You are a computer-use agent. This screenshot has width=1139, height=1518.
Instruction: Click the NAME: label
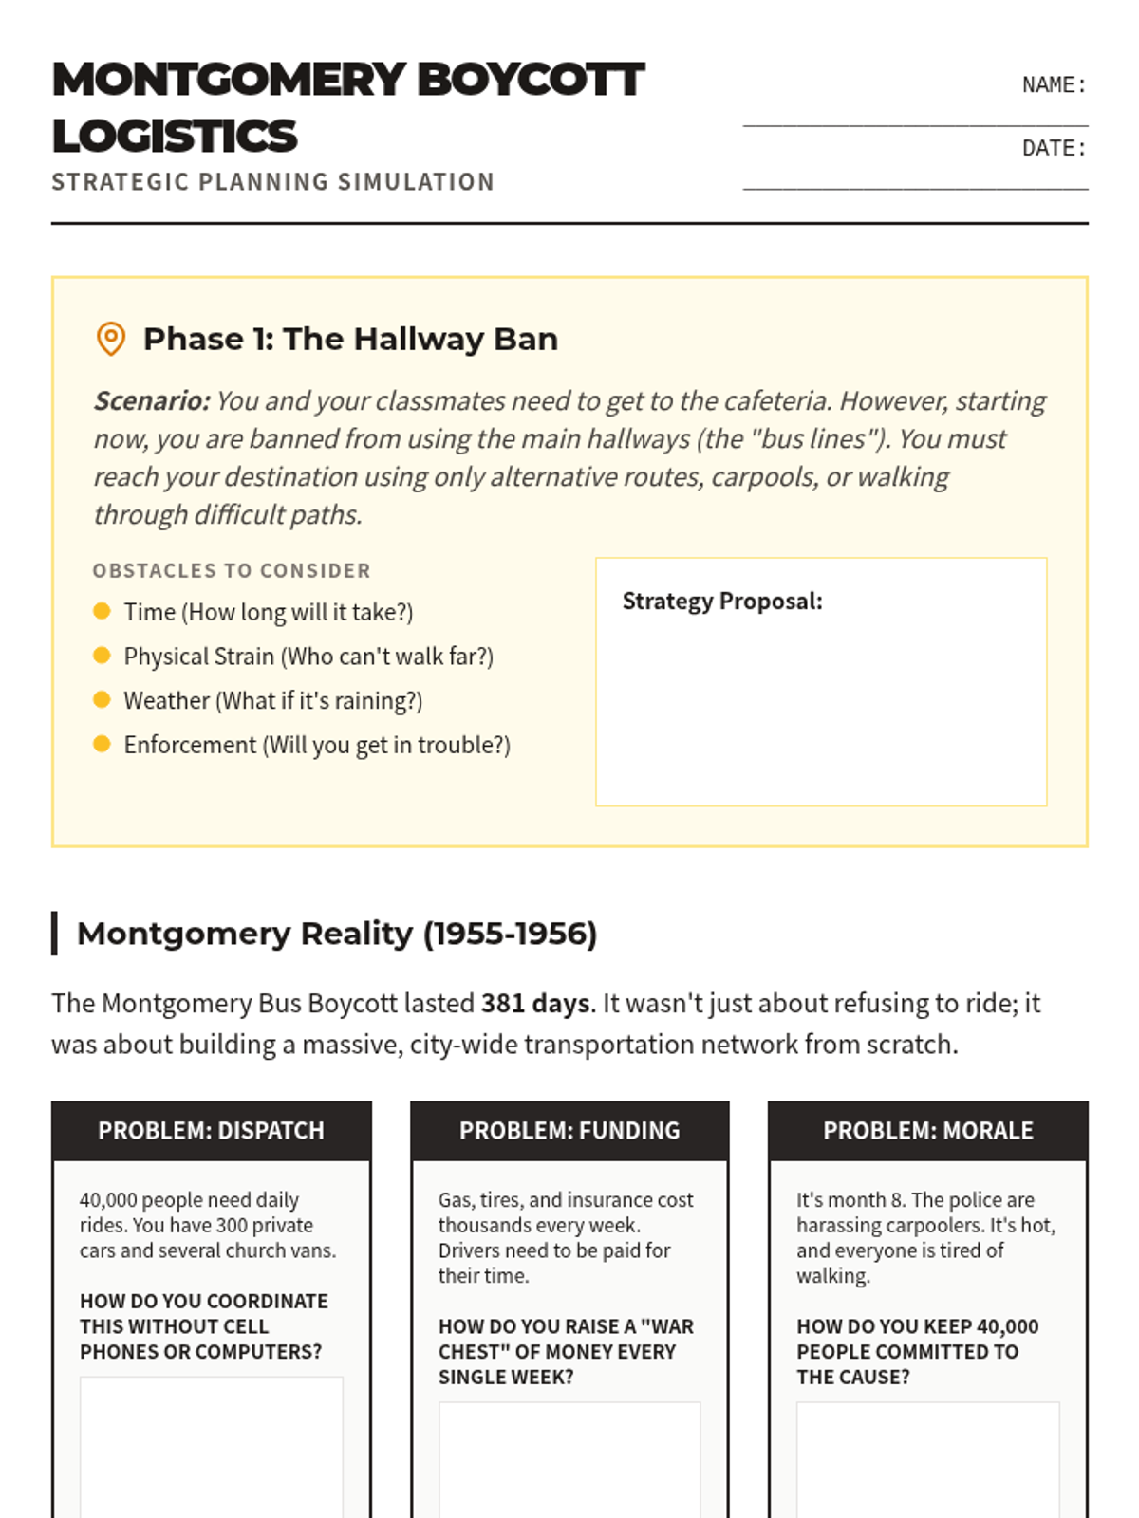coord(1053,85)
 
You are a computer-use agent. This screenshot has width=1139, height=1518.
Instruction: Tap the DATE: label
coord(1053,148)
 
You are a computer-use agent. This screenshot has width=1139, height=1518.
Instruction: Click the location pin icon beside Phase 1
coord(111,339)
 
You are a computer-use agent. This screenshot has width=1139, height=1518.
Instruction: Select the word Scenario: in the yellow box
coord(152,401)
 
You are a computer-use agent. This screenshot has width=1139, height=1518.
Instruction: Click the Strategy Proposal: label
coord(722,602)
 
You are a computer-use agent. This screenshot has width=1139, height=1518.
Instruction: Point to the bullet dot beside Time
coord(103,611)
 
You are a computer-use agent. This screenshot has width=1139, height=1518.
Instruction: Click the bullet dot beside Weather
coord(103,700)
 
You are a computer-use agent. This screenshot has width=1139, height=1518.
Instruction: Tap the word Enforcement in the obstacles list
coord(190,746)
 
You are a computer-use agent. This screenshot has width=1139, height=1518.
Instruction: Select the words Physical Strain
coord(198,657)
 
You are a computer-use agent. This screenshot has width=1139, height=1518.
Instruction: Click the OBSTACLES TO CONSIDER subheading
coord(232,571)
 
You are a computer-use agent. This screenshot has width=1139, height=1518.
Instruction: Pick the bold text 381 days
coord(535,1004)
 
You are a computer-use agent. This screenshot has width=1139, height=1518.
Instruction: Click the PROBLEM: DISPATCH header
coord(211,1131)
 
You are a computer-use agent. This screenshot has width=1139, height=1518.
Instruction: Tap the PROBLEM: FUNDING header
coord(569,1131)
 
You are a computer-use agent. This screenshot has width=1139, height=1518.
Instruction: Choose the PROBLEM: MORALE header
coord(927,1131)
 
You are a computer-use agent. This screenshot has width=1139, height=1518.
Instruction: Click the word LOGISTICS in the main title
coord(175,137)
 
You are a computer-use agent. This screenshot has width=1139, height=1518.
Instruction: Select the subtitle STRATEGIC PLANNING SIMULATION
coord(272,182)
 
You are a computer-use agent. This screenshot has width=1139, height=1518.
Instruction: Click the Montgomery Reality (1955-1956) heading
coord(337,934)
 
